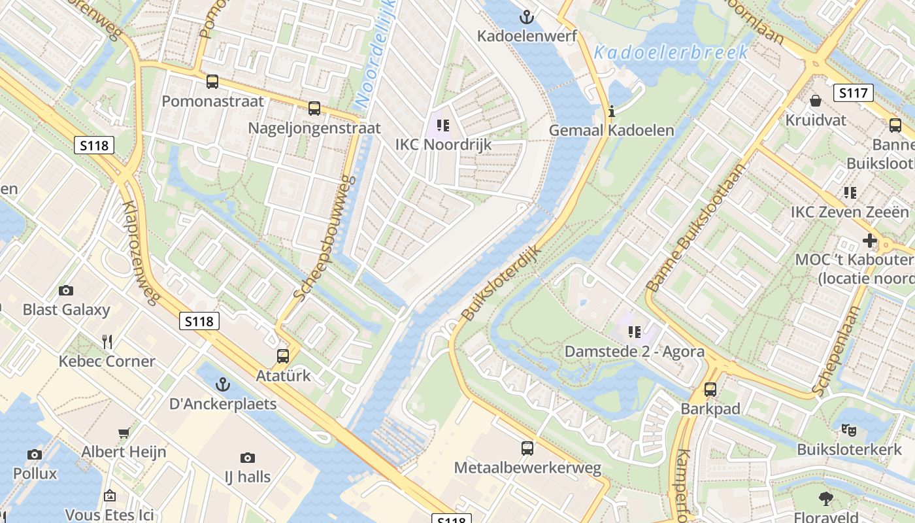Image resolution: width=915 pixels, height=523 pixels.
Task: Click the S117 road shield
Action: point(854,93)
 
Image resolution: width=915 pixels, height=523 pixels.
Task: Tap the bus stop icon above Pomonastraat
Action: point(212,82)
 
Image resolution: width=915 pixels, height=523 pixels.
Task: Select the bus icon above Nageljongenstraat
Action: point(314,109)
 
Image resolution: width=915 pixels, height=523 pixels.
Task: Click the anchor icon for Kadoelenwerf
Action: point(526,16)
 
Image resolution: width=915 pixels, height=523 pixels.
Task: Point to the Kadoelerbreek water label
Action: point(671,52)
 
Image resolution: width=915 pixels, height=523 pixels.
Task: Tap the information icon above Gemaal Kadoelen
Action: point(612,111)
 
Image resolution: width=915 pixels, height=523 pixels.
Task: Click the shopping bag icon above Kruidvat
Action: point(816,101)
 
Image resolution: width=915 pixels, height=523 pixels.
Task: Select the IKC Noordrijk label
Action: point(443,144)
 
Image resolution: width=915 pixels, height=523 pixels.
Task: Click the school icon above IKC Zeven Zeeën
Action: point(850,193)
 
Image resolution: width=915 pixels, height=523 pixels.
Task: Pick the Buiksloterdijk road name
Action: point(502,283)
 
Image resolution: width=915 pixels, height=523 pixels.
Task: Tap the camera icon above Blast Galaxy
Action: point(66,290)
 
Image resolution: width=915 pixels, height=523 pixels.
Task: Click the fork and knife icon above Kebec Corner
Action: point(107,341)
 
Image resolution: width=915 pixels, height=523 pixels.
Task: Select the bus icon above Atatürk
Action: point(283,356)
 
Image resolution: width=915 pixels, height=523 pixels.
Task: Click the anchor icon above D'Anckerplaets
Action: point(224,384)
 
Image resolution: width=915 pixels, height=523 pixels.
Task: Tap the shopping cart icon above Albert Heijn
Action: point(124,433)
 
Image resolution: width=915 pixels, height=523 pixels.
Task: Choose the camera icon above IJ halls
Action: point(247,458)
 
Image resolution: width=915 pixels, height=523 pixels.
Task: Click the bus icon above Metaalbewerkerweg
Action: point(527,448)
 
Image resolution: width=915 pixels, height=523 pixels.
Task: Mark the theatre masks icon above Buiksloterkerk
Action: point(849,430)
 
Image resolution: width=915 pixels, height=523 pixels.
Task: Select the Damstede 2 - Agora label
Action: point(634,352)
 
